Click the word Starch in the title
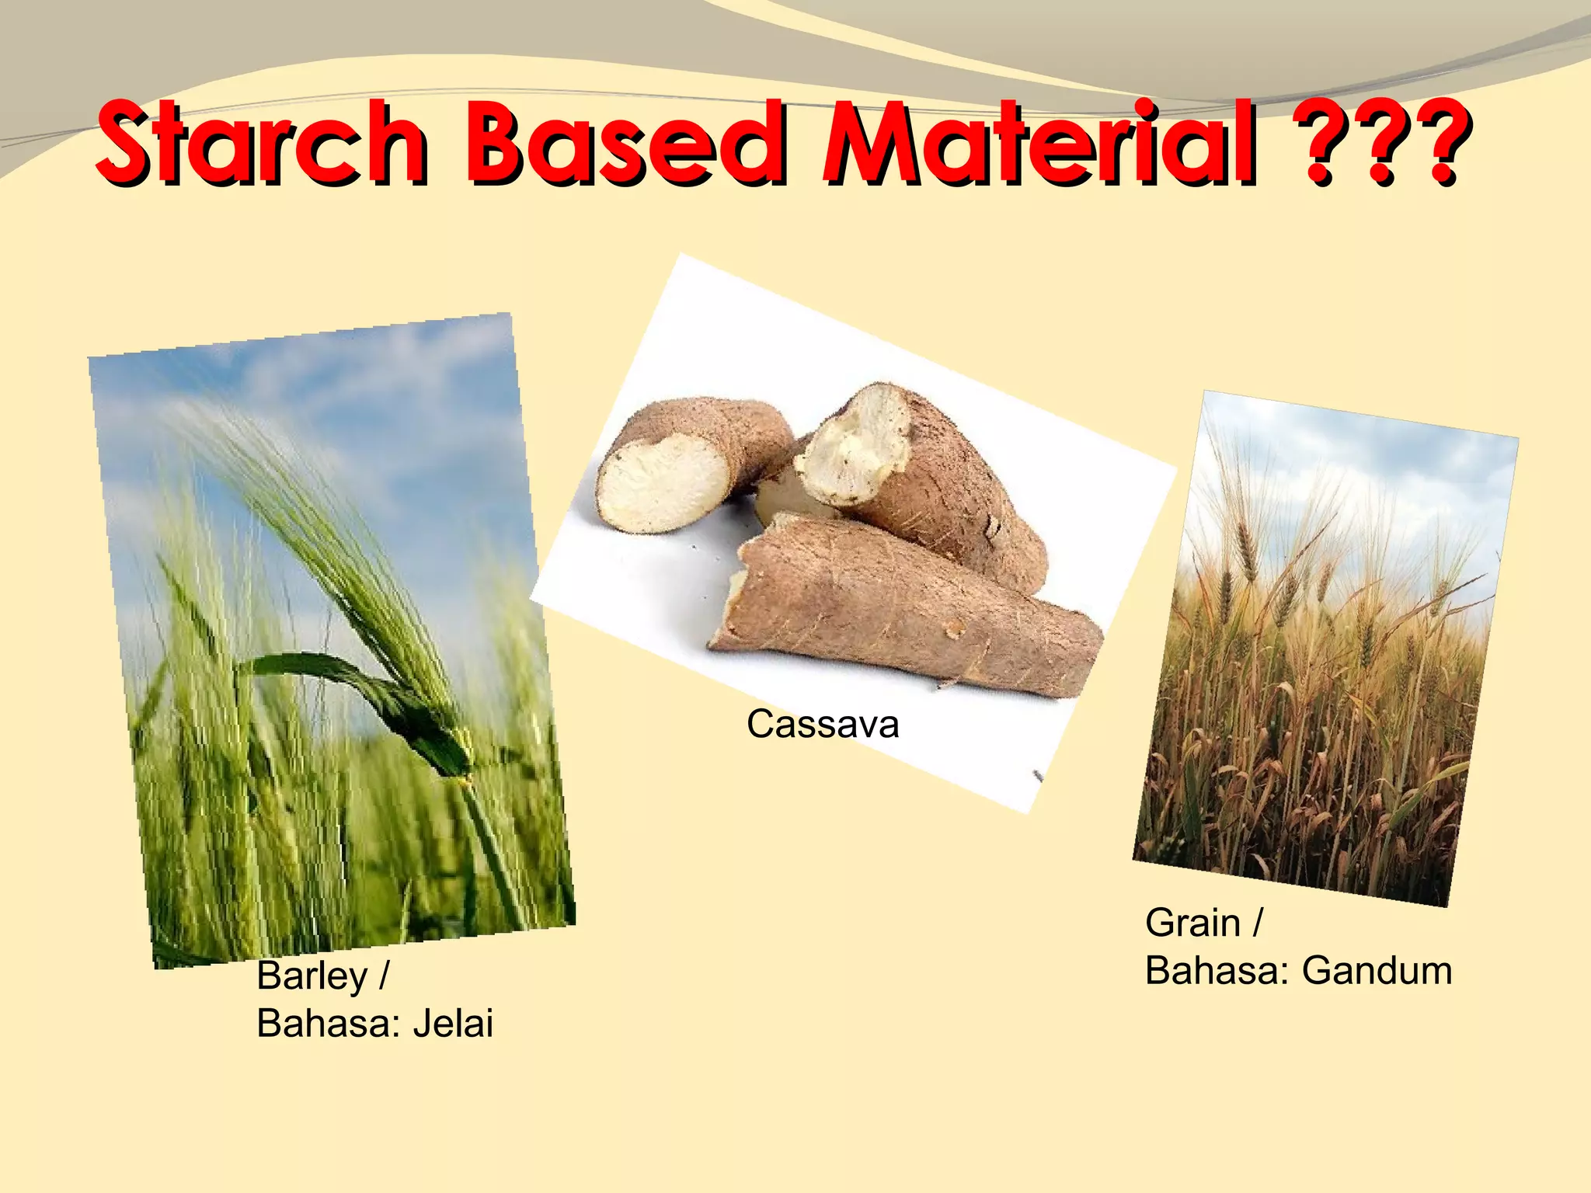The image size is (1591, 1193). (260, 144)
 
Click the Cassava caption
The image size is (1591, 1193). (823, 725)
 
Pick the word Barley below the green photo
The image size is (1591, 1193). (312, 976)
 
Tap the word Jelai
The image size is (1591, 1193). (453, 1024)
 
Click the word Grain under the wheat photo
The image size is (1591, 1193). (1192, 923)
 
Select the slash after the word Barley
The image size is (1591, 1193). (383, 976)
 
